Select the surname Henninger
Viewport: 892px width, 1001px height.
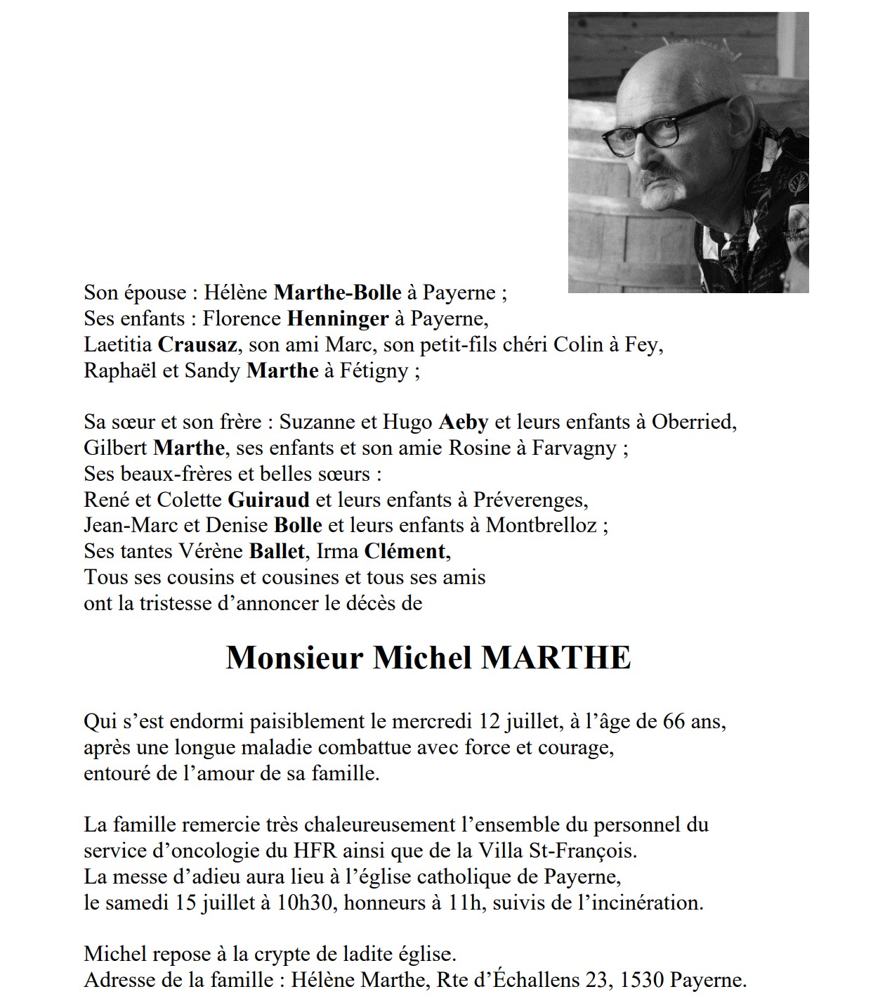(337, 318)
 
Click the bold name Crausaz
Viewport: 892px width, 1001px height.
(194, 344)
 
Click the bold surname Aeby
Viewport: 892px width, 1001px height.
(463, 422)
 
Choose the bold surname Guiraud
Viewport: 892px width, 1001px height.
(268, 500)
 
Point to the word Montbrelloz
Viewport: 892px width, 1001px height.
(541, 525)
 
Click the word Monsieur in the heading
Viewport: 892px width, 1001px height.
(294, 657)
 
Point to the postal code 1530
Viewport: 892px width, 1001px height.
(641, 979)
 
